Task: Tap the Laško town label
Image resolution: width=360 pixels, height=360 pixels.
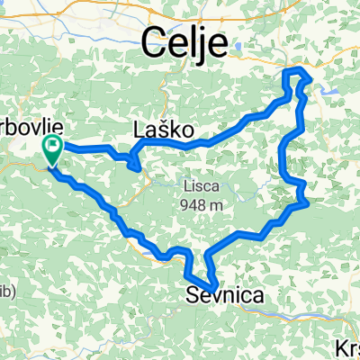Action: [163, 130]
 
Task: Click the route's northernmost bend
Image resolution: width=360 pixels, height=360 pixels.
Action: [297, 70]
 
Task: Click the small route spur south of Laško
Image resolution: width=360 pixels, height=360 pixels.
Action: [135, 165]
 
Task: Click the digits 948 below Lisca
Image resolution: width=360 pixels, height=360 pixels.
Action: [193, 206]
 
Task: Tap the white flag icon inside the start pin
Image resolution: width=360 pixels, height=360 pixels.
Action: [53, 143]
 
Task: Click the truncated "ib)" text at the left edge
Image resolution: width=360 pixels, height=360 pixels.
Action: [5, 292]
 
